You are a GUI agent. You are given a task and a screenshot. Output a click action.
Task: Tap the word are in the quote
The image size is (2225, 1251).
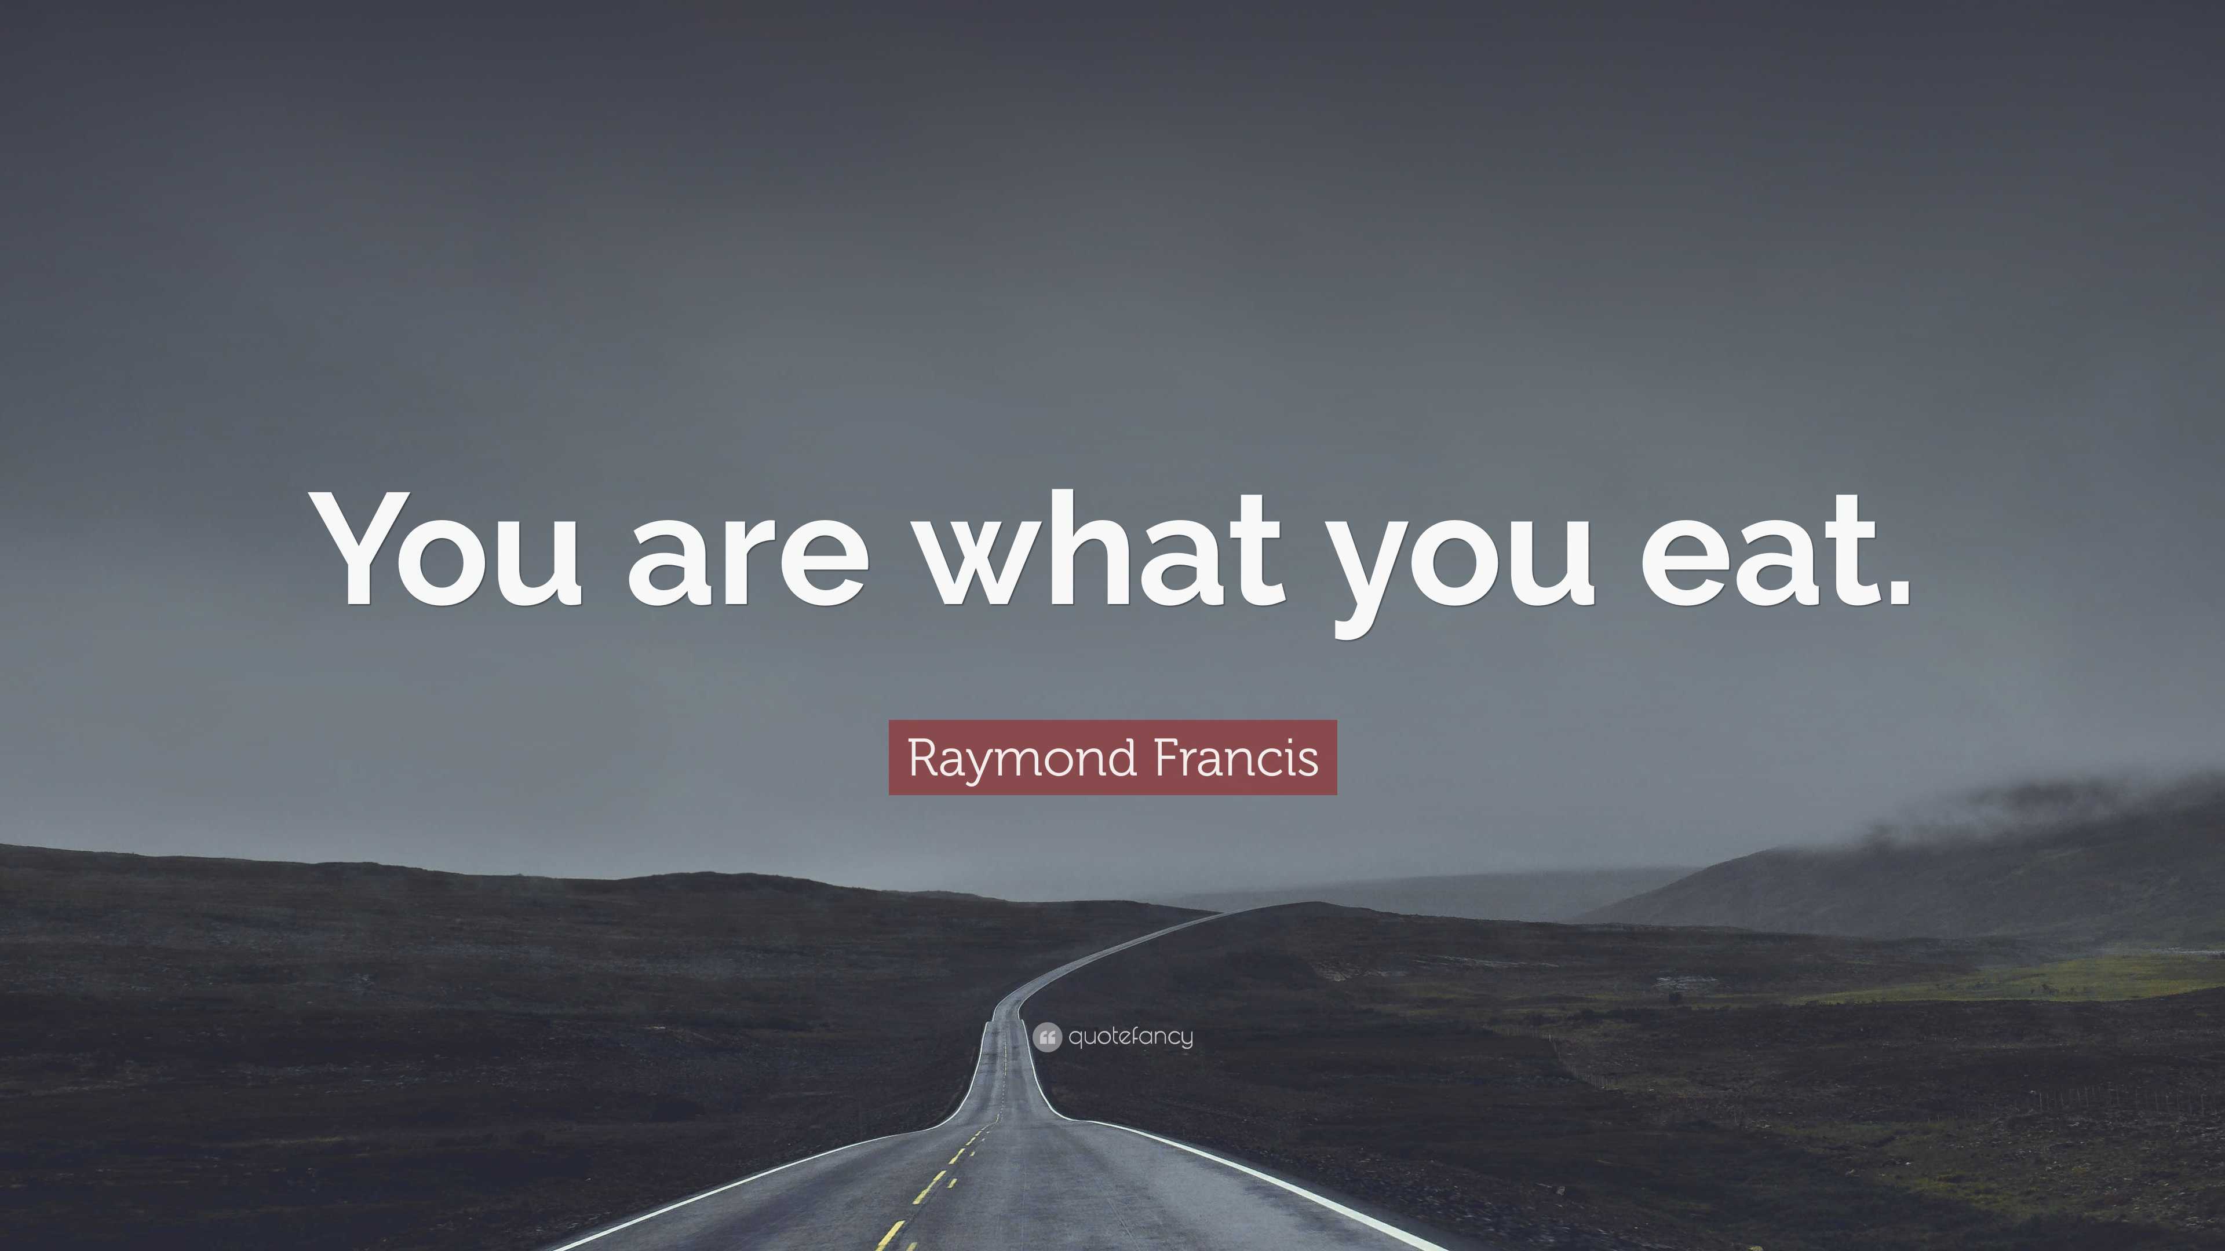748,561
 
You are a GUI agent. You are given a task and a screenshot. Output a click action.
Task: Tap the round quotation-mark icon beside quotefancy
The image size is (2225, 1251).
1047,1037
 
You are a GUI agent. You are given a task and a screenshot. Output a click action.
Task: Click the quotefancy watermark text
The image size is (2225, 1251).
1130,1036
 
